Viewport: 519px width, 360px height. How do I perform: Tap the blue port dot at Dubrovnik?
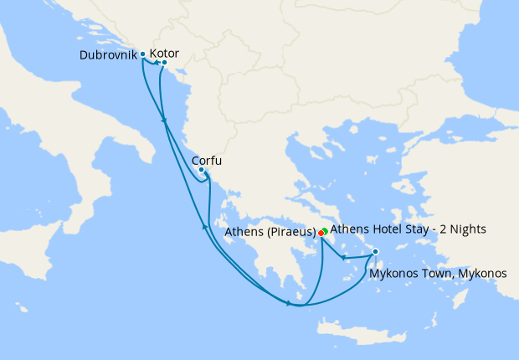[x=143, y=54]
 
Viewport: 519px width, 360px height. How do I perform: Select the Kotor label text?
[x=164, y=54]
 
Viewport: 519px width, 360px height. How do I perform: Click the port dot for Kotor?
[x=164, y=63]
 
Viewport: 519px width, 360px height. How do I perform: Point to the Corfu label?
[x=207, y=161]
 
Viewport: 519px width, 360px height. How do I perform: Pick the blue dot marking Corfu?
[x=201, y=170]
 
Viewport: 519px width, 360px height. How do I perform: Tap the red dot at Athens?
[x=321, y=233]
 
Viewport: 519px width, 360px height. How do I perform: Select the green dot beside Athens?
[x=325, y=229]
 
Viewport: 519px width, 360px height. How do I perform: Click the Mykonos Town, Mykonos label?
[x=438, y=272]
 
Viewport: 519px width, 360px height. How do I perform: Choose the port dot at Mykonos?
[x=375, y=251]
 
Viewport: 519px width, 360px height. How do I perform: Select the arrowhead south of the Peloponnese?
[x=289, y=303]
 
